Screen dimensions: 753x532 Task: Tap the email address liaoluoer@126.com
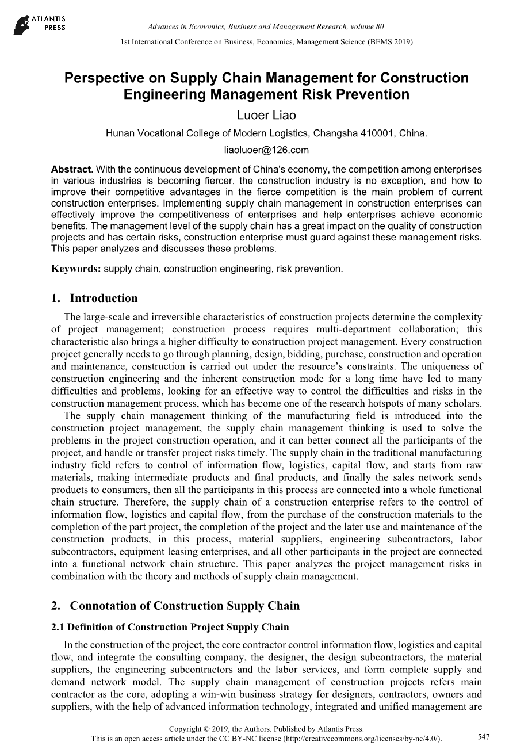(x=266, y=150)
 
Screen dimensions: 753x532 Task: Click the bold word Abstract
(x=72, y=170)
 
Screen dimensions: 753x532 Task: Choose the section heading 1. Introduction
(x=94, y=298)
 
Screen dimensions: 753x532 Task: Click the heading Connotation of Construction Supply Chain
(x=185, y=606)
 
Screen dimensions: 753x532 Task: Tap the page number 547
(x=484, y=737)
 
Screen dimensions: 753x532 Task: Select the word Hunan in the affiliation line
(x=119, y=133)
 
